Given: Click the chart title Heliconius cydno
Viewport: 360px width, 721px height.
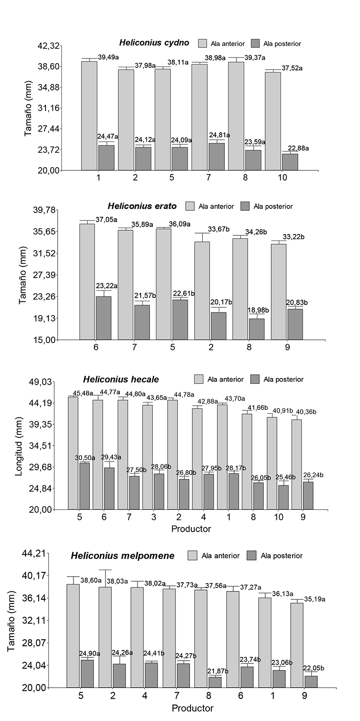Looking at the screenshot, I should tap(154, 43).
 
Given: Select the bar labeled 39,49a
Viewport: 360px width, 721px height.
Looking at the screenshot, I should tap(89, 116).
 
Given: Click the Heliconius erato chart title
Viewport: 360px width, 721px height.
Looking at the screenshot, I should tap(142, 206).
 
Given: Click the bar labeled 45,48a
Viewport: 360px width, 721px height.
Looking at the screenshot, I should tap(73, 453).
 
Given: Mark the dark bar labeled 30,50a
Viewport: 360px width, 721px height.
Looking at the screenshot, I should tap(85, 486).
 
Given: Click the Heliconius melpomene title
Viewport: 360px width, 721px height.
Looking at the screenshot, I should tap(123, 556).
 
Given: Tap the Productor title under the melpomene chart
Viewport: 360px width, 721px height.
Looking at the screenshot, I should tap(192, 708).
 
